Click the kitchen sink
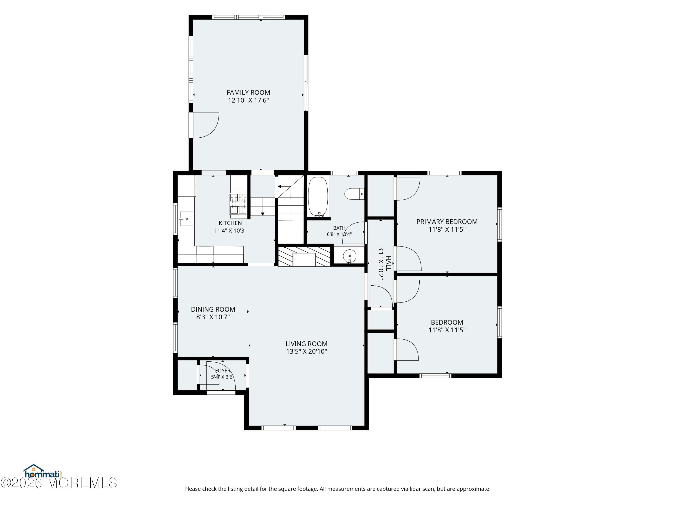click(x=186, y=219)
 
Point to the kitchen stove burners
click(x=238, y=204)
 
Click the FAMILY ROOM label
click(x=248, y=92)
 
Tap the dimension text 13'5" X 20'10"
click(x=306, y=351)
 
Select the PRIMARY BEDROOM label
click(x=447, y=222)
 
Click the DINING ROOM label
click(x=213, y=309)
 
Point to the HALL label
click(x=388, y=263)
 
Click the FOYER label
click(x=223, y=371)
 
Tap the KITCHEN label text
click(x=230, y=223)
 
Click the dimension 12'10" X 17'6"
click(x=248, y=100)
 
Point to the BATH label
click(x=339, y=228)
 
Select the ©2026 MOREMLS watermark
click(x=58, y=483)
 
